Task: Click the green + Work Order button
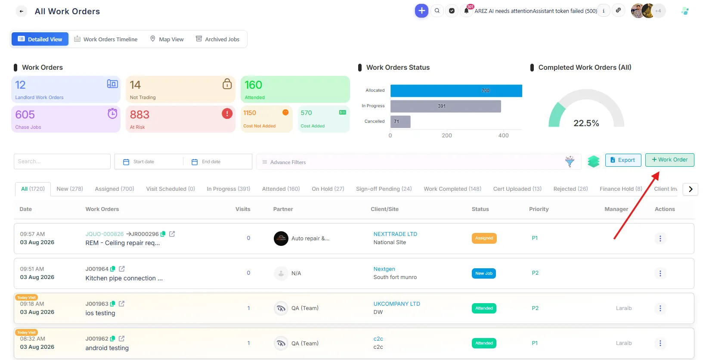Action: (x=669, y=160)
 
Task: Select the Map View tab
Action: (x=167, y=39)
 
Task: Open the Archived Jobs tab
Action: (x=217, y=39)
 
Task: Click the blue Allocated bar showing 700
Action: (x=456, y=90)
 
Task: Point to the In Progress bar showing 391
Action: (x=446, y=106)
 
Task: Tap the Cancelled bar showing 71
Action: (x=400, y=121)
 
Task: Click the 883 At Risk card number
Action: (x=139, y=115)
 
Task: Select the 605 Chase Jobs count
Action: (x=25, y=115)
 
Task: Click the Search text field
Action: (x=62, y=161)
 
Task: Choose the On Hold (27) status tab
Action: (x=328, y=189)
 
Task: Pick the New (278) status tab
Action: (x=70, y=189)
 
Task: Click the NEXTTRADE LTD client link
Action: (x=395, y=234)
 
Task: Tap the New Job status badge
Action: (x=483, y=273)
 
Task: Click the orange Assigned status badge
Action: (x=484, y=238)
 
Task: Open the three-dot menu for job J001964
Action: (x=660, y=273)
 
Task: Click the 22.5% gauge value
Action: (x=586, y=123)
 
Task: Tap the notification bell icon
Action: (x=466, y=11)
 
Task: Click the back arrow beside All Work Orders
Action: (x=22, y=11)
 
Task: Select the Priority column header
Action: (x=539, y=209)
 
